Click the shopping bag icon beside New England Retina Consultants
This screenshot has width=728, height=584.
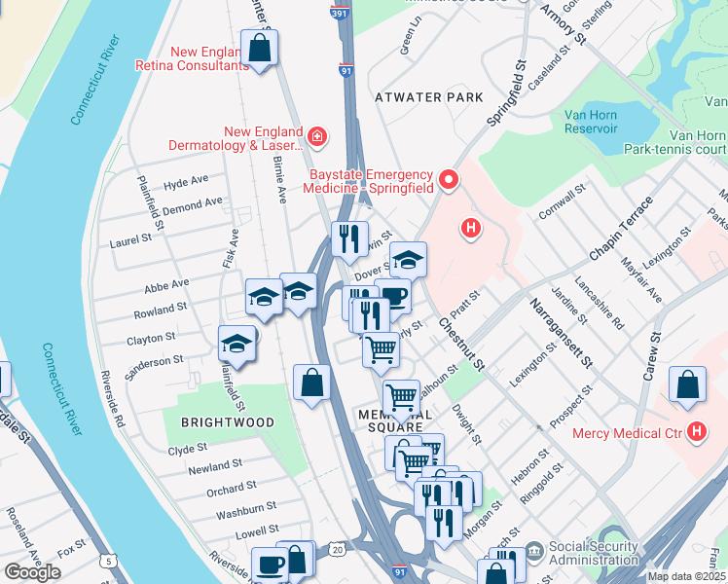[260, 48]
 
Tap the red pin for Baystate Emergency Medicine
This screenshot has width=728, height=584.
[449, 179]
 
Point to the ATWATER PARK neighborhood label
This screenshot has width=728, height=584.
[428, 98]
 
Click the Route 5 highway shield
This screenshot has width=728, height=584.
[108, 561]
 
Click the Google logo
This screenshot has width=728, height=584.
[32, 571]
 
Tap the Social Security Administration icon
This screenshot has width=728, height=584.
[533, 552]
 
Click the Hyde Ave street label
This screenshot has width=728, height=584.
[186, 182]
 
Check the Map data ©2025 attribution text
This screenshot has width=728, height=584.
[687, 576]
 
